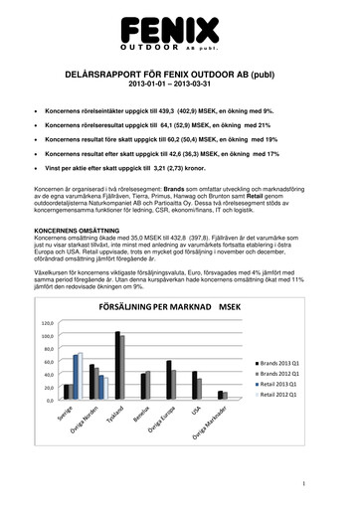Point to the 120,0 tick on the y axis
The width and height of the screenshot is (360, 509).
point(47,324)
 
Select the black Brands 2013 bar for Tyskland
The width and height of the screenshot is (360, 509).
point(116,365)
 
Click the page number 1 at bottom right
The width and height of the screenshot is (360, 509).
point(339,484)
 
